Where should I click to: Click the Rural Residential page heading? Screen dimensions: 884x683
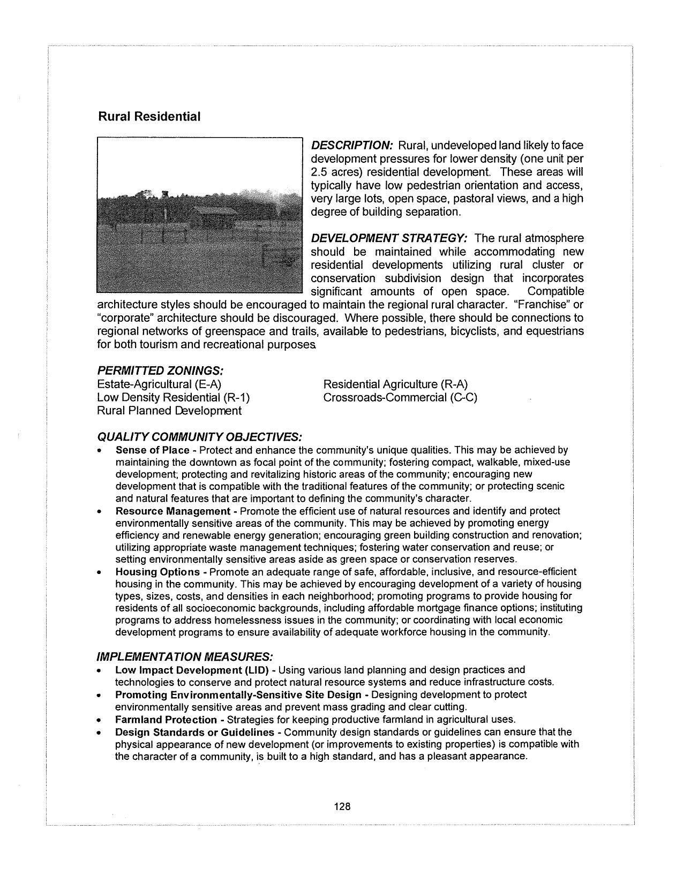149,117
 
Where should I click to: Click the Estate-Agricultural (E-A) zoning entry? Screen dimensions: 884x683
159,384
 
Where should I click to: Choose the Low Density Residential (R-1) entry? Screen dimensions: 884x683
173,397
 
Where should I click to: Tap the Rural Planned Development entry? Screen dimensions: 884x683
169,411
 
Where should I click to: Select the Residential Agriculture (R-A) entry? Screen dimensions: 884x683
395,384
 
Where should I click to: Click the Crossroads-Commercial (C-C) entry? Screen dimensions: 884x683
400,397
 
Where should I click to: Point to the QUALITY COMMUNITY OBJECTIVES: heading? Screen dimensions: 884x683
199,437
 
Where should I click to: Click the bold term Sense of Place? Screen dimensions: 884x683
152,450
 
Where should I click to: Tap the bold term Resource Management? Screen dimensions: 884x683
172,511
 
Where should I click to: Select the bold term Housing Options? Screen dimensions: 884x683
157,572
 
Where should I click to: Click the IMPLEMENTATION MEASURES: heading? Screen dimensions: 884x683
185,656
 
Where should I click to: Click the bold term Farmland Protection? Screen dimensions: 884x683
166,719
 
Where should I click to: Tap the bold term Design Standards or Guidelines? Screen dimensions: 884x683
194,732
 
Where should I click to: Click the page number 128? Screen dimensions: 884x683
342,806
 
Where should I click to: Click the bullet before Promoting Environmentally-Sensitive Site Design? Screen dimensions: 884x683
100,696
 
